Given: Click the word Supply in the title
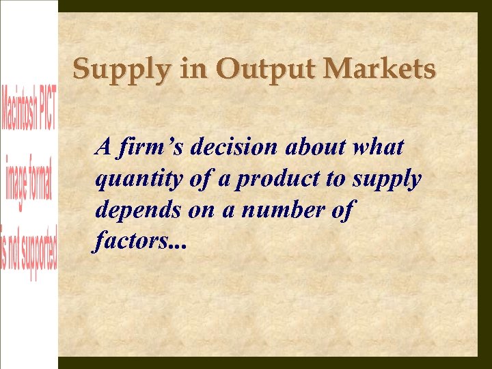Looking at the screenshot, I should click(x=111, y=70).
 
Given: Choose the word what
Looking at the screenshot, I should click(x=381, y=147).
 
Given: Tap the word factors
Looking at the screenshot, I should click(x=126, y=243).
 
